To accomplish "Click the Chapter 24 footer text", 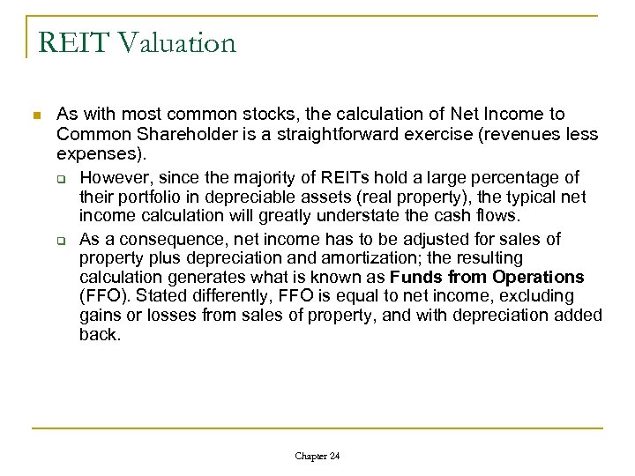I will tap(317, 456).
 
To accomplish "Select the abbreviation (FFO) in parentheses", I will tap(104, 296).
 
